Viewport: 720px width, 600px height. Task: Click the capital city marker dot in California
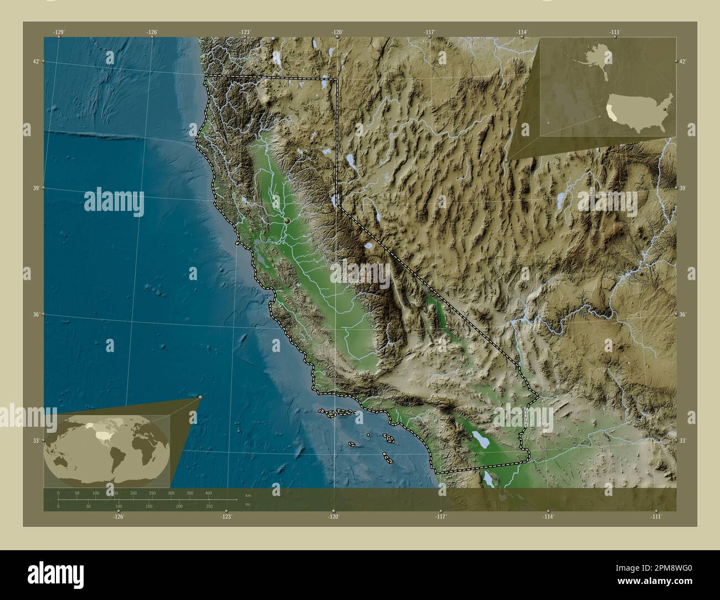click(287, 221)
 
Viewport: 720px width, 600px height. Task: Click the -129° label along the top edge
click(59, 32)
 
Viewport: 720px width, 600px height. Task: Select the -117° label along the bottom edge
click(441, 516)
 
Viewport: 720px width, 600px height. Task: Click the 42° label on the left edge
click(36, 61)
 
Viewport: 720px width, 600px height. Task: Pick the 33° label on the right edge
click(683, 441)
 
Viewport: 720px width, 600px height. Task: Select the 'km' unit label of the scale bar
click(248, 495)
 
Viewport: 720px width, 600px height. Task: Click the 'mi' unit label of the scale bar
click(248, 504)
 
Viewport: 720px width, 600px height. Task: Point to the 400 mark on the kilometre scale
click(209, 492)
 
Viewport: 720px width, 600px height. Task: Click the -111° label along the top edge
click(615, 32)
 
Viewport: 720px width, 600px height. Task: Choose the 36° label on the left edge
click(36, 314)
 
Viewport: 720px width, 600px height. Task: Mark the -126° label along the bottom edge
click(119, 516)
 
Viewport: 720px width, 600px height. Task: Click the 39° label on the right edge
click(683, 188)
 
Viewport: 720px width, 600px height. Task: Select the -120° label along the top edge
click(337, 32)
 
